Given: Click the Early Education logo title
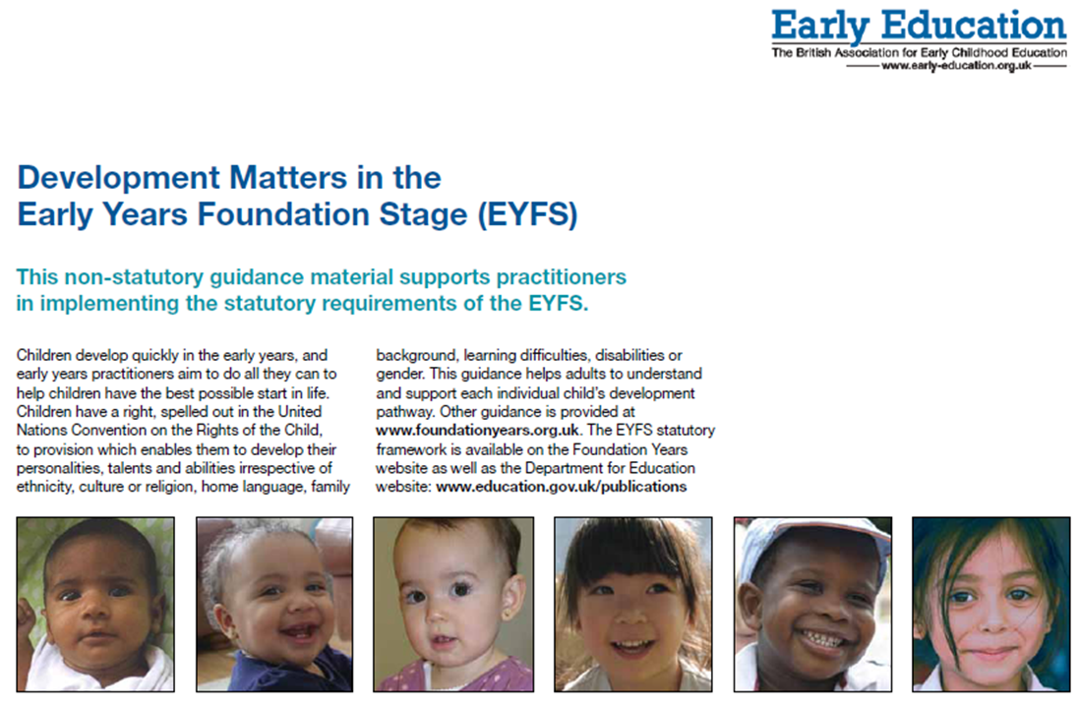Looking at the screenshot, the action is [x=919, y=27].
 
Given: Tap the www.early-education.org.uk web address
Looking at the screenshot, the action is [x=956, y=66].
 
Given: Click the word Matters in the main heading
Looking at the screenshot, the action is [x=288, y=177].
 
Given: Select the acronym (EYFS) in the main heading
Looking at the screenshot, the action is [x=528, y=214].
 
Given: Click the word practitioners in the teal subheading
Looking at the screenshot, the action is [x=562, y=277].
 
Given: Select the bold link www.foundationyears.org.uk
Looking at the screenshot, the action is [x=478, y=431].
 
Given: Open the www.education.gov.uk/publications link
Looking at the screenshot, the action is [x=562, y=487].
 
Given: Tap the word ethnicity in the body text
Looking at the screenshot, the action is [x=44, y=487].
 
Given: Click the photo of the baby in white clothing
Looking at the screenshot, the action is [x=95, y=605].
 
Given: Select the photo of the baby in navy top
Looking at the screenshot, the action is [x=274, y=605].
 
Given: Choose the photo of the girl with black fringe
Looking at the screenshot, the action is [x=633, y=605].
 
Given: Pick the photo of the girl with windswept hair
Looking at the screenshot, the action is [x=990, y=605].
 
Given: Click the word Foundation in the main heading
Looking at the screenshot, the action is [x=284, y=214].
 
